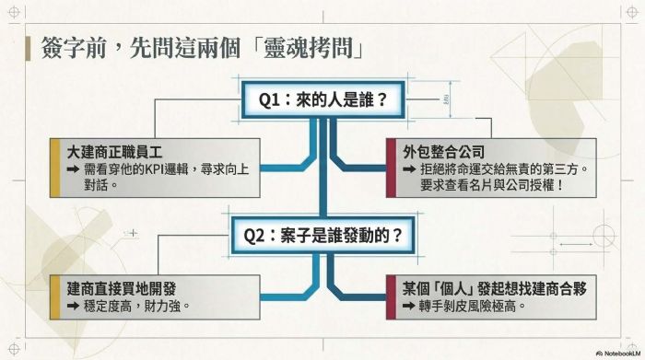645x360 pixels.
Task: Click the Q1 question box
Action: click(x=322, y=99)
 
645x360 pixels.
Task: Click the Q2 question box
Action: click(x=322, y=236)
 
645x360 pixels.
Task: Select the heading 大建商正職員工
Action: click(x=114, y=153)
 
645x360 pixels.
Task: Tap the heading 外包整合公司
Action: click(x=443, y=152)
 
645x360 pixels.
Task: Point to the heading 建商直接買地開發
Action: click(x=122, y=288)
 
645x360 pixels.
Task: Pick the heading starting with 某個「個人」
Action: click(x=495, y=288)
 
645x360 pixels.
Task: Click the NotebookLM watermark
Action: click(x=618, y=353)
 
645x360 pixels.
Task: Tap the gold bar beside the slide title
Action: click(x=28, y=49)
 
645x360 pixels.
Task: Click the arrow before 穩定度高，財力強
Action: click(x=73, y=306)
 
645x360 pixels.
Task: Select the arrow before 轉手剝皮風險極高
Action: click(x=409, y=306)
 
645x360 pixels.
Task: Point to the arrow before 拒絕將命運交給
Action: click(x=409, y=168)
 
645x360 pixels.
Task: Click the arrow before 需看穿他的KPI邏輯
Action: click(x=73, y=168)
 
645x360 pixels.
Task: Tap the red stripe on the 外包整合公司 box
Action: click(x=392, y=168)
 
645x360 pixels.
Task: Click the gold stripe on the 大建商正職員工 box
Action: click(x=55, y=168)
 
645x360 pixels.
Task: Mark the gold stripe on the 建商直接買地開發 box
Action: click(x=55, y=297)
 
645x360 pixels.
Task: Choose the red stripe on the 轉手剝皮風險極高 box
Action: click(x=392, y=297)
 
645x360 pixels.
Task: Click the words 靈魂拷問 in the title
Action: click(x=308, y=49)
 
